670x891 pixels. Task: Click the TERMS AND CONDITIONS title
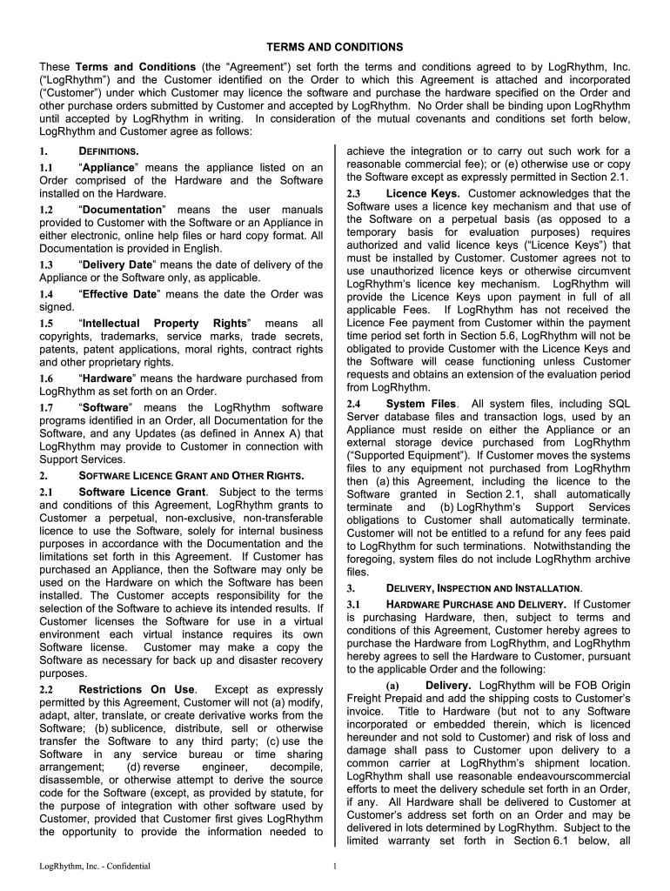point(335,46)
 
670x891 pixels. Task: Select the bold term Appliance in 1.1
point(109,166)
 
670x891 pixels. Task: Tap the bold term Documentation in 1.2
point(121,210)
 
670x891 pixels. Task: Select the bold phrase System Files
point(420,404)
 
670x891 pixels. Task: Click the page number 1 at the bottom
point(335,866)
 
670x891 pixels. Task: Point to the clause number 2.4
point(353,404)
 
